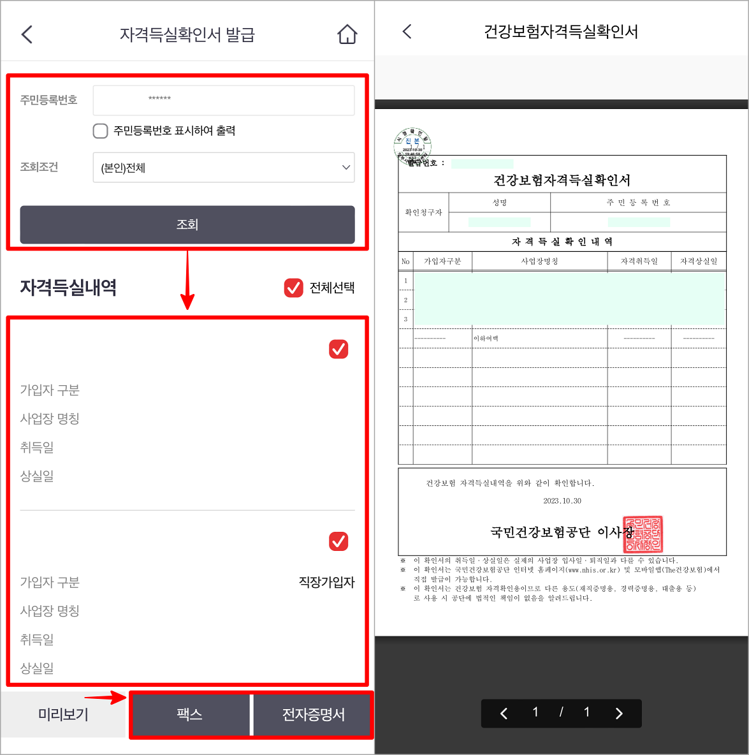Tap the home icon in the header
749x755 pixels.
[347, 34]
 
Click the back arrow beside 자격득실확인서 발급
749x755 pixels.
[27, 34]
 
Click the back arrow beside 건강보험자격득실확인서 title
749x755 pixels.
[407, 31]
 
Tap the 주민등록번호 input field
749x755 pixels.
[224, 100]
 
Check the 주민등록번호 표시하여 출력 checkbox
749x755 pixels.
[101, 131]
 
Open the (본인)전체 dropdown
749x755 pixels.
[224, 168]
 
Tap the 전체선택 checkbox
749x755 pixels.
[293, 288]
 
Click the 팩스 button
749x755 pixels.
[190, 714]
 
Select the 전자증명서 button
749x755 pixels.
[313, 714]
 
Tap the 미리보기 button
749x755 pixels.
[64, 714]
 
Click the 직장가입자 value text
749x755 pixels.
[326, 582]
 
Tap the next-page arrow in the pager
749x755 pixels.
[619, 713]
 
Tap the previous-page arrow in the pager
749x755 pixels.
[504, 713]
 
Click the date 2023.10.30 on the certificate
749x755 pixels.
[562, 501]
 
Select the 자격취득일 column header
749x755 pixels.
[639, 261]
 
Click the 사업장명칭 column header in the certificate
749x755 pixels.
[539, 261]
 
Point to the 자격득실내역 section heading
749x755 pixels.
[68, 288]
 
